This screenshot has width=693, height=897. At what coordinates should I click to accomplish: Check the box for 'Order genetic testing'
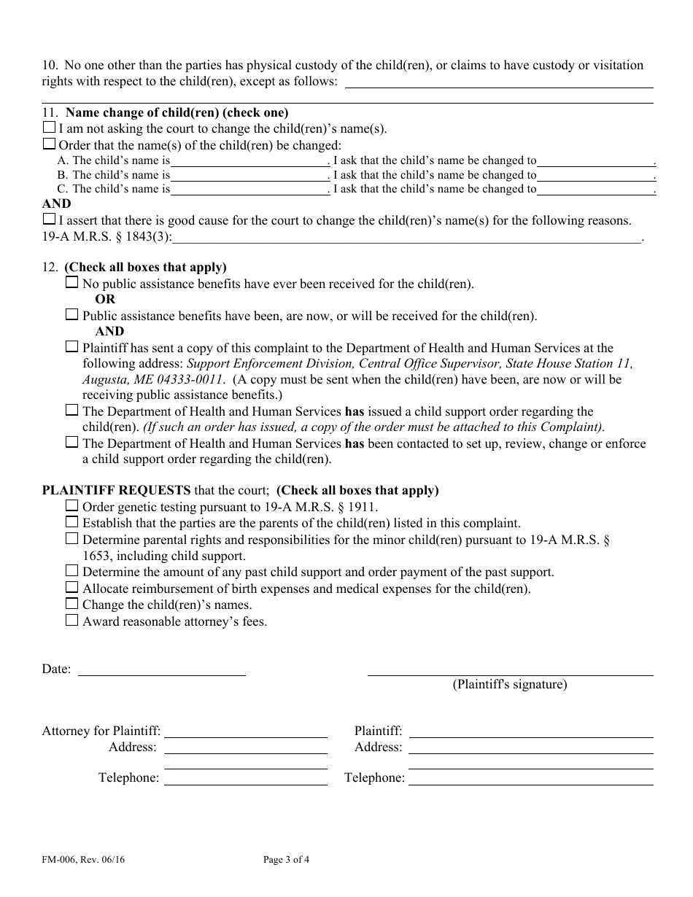point(71,505)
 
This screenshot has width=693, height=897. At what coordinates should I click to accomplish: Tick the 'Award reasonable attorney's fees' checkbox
point(71,621)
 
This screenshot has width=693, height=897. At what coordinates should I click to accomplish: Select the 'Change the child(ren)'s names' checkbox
point(71,604)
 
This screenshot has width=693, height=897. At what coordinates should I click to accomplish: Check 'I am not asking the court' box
point(49,128)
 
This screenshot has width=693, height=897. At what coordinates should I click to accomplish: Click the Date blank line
point(161,669)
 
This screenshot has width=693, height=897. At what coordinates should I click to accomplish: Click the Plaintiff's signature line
point(510,669)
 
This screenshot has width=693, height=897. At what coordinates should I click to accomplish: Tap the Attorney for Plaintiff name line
point(245,731)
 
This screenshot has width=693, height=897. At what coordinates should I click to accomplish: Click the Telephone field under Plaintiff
point(530,778)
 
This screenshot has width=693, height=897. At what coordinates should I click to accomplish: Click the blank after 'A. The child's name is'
point(249,160)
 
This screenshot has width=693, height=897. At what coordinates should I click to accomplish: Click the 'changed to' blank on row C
point(596,189)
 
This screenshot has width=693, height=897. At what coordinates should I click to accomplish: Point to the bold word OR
point(105,300)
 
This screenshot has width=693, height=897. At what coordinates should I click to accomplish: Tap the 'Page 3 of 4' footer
point(286,859)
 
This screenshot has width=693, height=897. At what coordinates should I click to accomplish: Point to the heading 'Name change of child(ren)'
point(177,112)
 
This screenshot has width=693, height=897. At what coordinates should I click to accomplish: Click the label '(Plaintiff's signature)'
point(509,685)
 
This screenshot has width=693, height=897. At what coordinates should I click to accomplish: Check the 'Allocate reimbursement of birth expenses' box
point(71,587)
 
